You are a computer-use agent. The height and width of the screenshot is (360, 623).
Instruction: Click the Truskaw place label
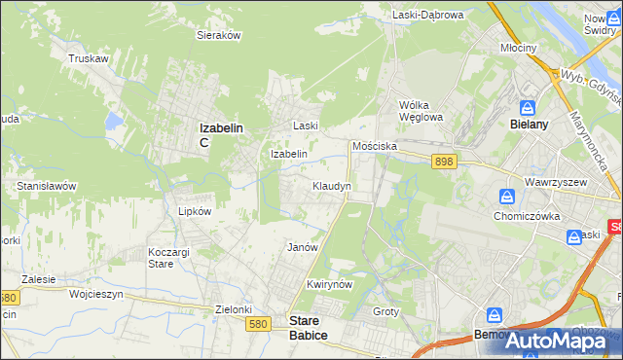[87, 58]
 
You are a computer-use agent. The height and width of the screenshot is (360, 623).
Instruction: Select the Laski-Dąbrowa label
[428, 15]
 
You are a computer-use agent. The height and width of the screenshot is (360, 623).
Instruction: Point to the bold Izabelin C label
[220, 133]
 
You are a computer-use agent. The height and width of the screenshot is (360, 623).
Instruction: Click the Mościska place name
[375, 144]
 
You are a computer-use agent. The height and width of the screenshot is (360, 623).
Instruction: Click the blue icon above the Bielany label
[527, 107]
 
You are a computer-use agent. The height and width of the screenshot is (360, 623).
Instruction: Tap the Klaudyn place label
[331, 185]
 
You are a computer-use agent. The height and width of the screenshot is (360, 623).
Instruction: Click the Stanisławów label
[47, 185]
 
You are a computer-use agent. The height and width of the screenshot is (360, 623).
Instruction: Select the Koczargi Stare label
[162, 258]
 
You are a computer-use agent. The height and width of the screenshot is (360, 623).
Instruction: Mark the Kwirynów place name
[327, 284]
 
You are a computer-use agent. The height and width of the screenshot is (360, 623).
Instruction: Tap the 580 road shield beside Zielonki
[257, 323]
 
